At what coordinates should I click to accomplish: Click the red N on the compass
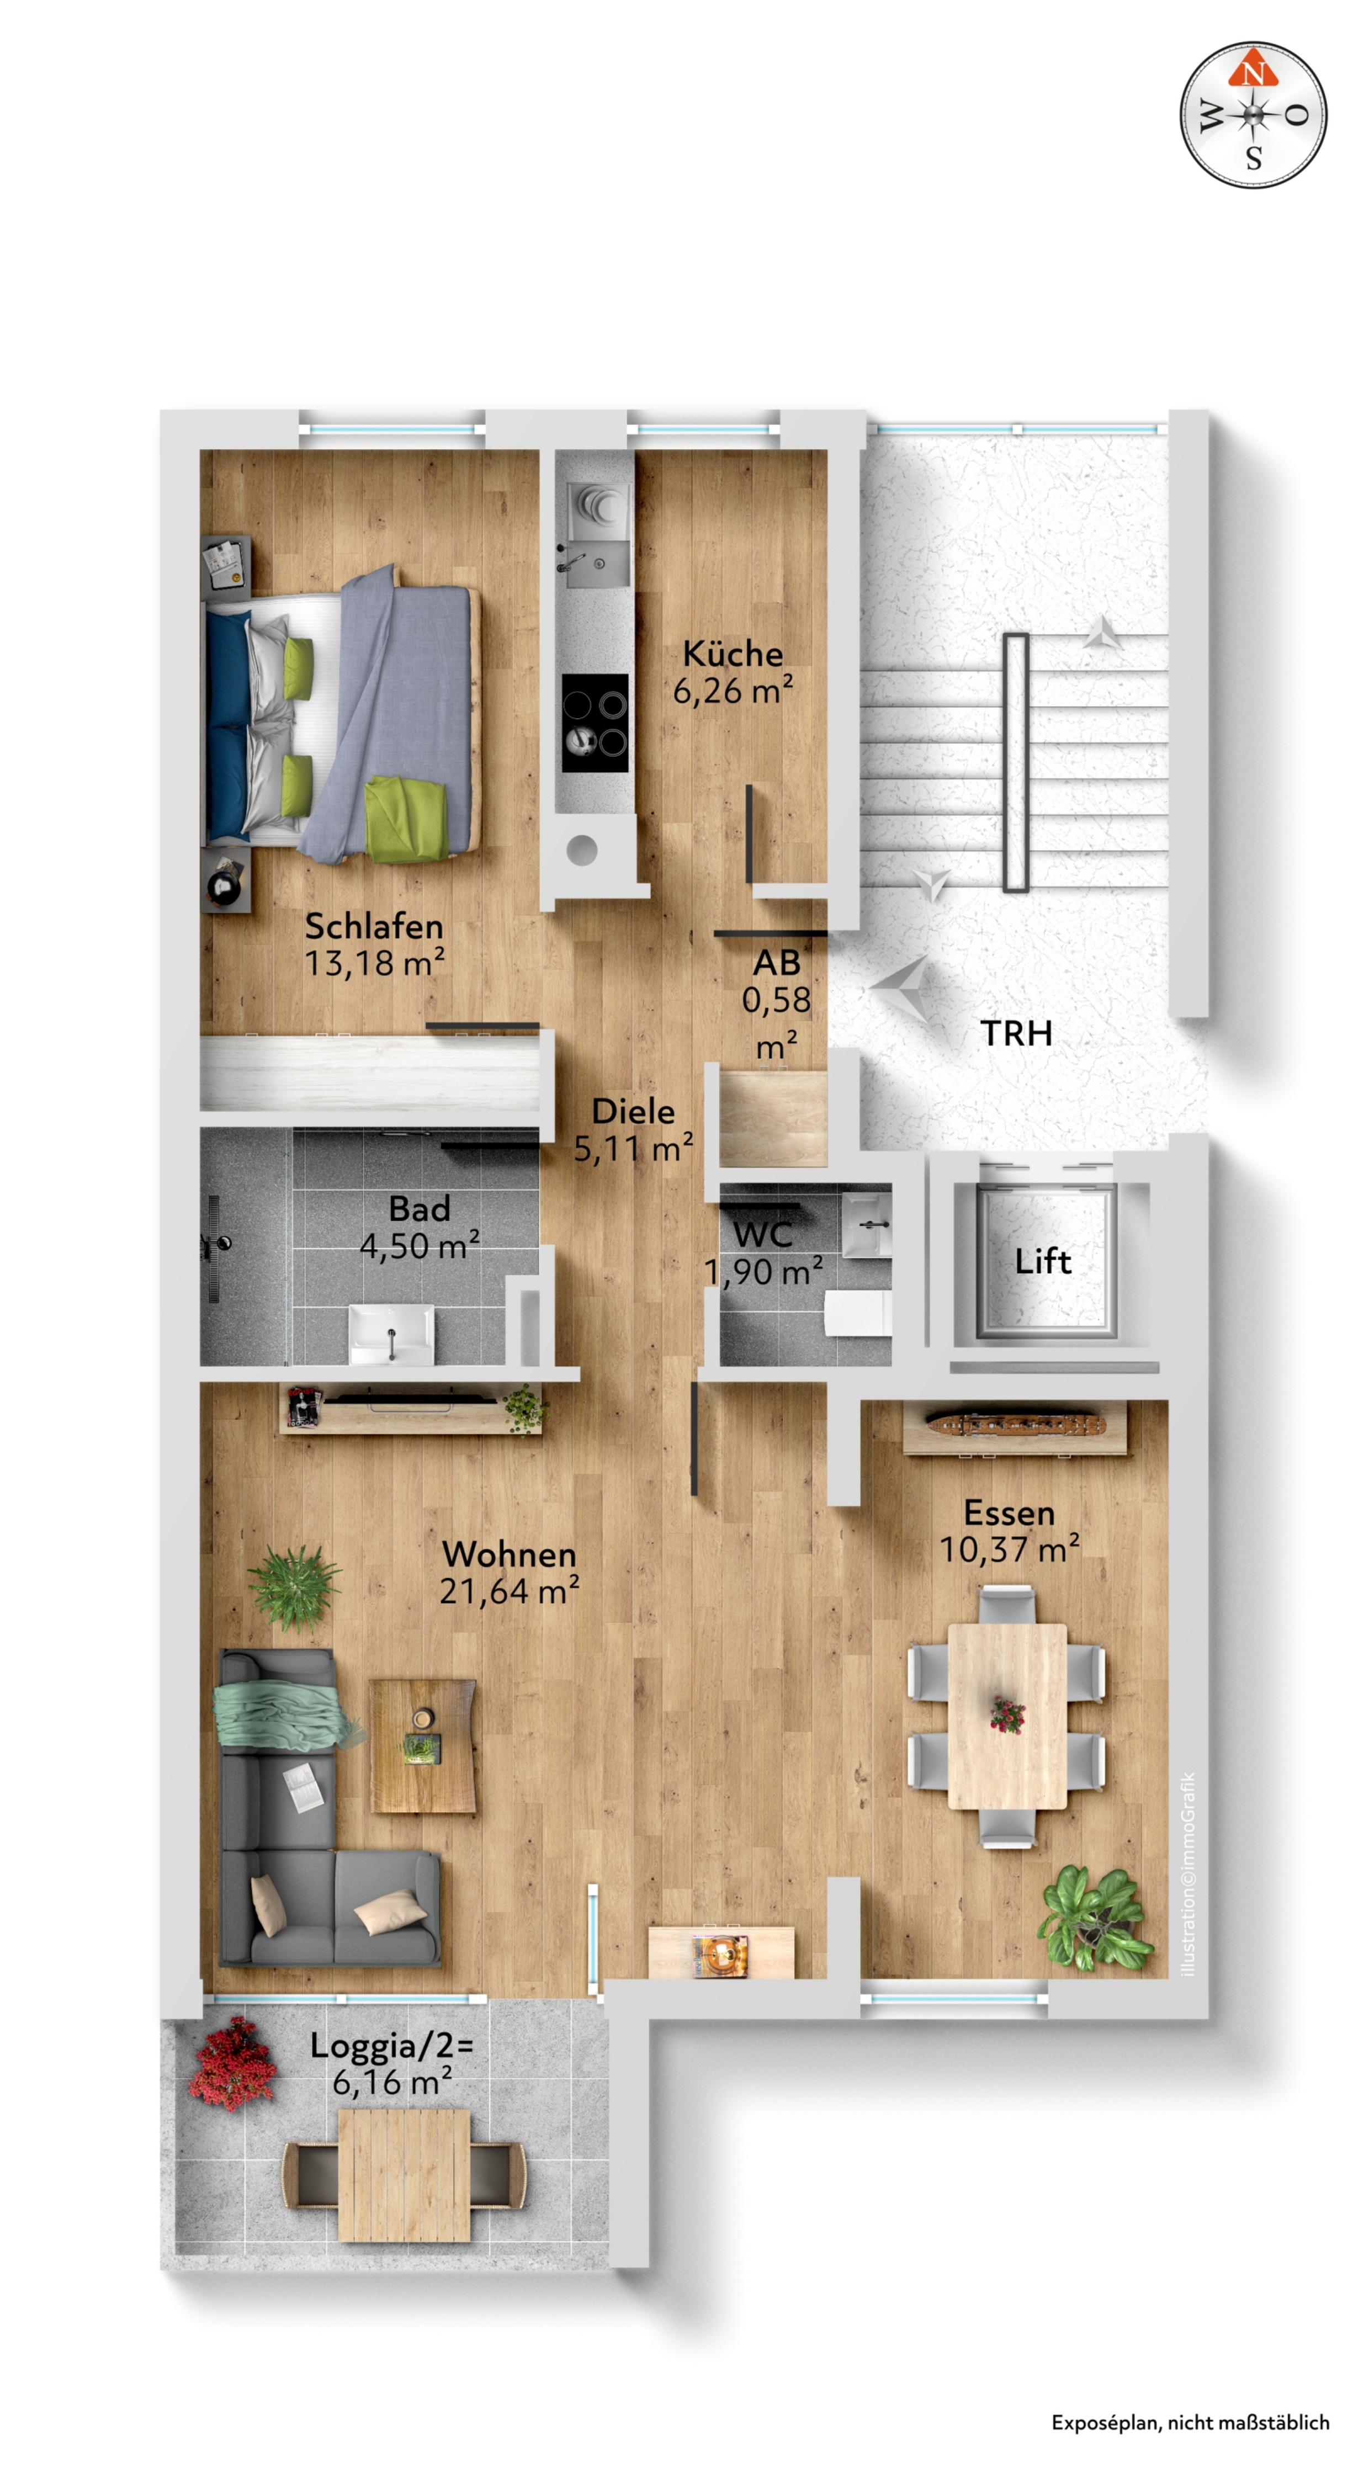pyautogui.click(x=1253, y=71)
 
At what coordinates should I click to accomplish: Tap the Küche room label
pyautogui.click(x=733, y=654)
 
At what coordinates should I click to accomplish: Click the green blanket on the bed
pyautogui.click(x=406, y=818)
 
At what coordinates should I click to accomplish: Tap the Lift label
pyautogui.click(x=1043, y=1261)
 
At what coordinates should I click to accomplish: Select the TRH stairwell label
pyautogui.click(x=1016, y=1033)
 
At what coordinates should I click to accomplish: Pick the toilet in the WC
pyautogui.click(x=858, y=1313)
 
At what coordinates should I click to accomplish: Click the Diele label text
pyautogui.click(x=633, y=1111)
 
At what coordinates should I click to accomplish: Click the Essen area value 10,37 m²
pyautogui.click(x=1010, y=1549)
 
